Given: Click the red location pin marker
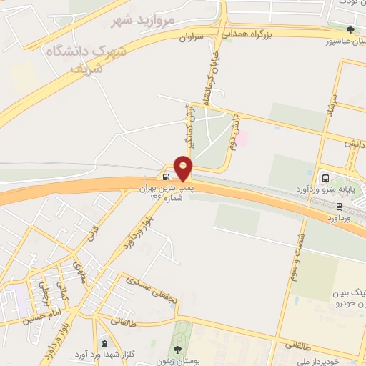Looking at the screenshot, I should tap(184, 168).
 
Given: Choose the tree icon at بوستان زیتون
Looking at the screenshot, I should tap(177, 350).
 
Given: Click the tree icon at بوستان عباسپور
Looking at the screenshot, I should tap(350, 30).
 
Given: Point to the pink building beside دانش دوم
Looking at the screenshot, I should tap(242, 137).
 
